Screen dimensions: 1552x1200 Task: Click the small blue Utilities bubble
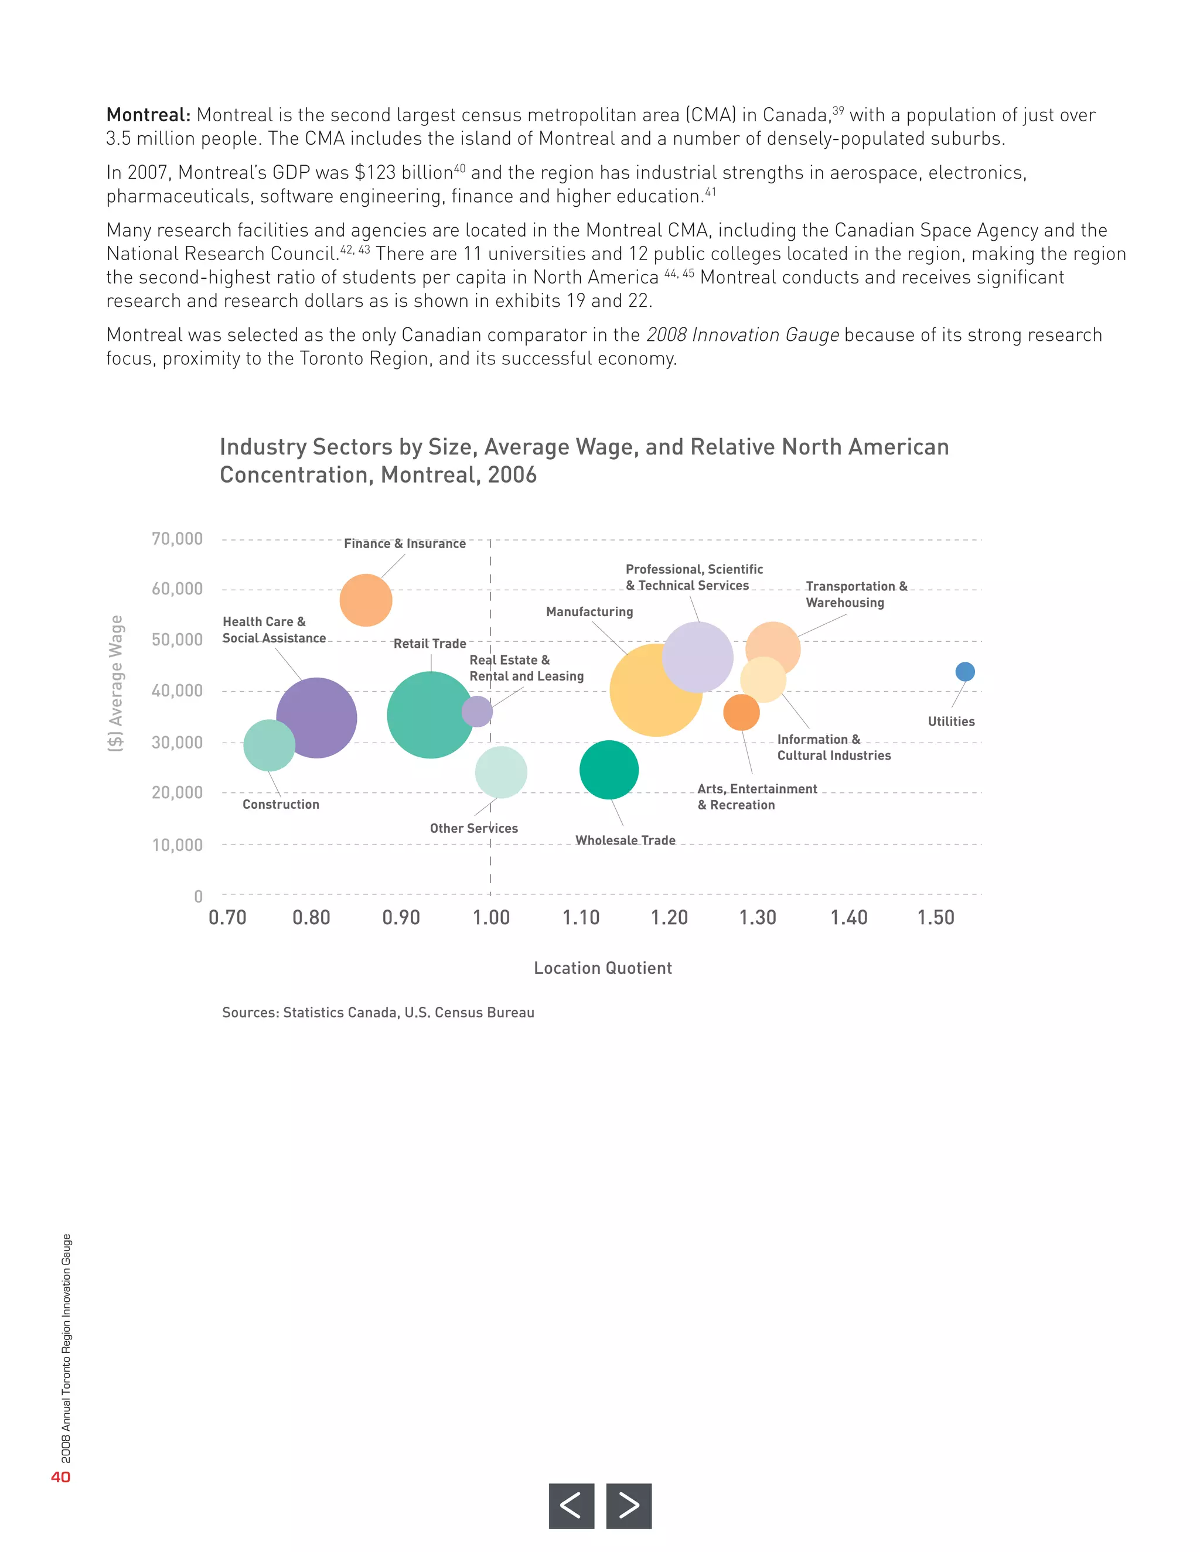tap(964, 672)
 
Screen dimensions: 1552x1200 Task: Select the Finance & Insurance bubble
tap(366, 600)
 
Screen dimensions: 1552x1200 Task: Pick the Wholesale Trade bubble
tap(609, 770)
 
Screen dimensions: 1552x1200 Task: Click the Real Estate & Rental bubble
tap(477, 712)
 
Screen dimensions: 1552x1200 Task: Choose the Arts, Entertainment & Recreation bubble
tap(741, 712)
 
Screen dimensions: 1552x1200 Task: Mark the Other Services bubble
tap(501, 772)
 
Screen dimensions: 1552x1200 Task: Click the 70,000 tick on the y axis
tap(177, 539)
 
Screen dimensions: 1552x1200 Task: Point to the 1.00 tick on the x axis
tap(491, 917)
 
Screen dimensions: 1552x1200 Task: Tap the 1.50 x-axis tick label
tap(936, 917)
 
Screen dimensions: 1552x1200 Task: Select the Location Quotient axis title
tap(603, 968)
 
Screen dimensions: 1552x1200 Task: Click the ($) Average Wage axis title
tap(116, 683)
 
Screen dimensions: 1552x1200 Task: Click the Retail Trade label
tap(430, 644)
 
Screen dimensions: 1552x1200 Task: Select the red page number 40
tap(60, 1476)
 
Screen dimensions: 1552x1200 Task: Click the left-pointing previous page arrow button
tap(571, 1505)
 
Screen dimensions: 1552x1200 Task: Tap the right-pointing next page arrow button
tap(629, 1505)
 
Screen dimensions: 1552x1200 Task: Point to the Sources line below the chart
tap(377, 1013)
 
